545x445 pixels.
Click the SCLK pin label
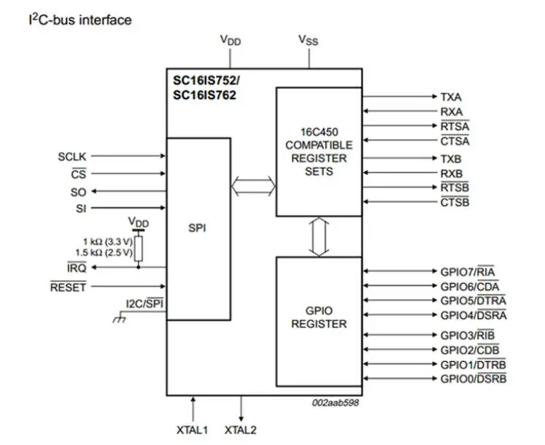click(x=71, y=156)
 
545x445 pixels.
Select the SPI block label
click(x=198, y=228)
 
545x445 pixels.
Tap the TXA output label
click(x=450, y=96)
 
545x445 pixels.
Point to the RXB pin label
click(x=450, y=174)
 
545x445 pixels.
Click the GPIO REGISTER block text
click(x=319, y=317)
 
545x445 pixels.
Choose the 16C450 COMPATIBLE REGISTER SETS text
click(x=319, y=152)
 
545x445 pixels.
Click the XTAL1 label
click(x=193, y=430)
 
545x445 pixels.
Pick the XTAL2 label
click(x=241, y=430)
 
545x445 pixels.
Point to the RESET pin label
click(x=68, y=287)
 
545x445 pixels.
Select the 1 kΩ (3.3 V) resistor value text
click(x=107, y=241)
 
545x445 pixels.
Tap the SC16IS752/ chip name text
click(x=204, y=81)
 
